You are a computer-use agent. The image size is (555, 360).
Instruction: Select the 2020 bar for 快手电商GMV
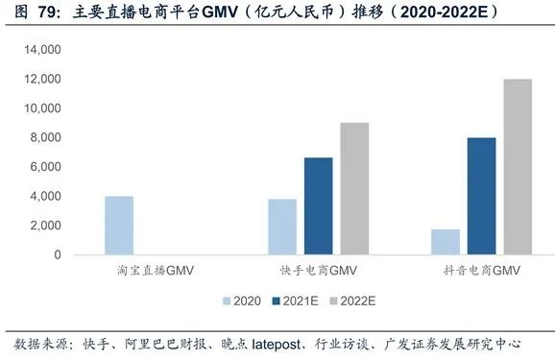click(282, 227)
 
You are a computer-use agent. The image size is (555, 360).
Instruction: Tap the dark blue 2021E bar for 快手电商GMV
click(318, 206)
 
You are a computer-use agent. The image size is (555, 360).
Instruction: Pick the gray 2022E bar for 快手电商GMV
click(353, 189)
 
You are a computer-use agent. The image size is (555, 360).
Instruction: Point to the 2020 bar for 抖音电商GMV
click(446, 242)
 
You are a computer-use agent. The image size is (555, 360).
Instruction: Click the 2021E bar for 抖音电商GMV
click(481, 196)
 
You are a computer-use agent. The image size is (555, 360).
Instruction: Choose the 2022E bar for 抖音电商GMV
click(518, 167)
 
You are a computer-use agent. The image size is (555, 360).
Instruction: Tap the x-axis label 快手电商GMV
click(316, 273)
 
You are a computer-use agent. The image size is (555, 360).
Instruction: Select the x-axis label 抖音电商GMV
click(480, 273)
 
